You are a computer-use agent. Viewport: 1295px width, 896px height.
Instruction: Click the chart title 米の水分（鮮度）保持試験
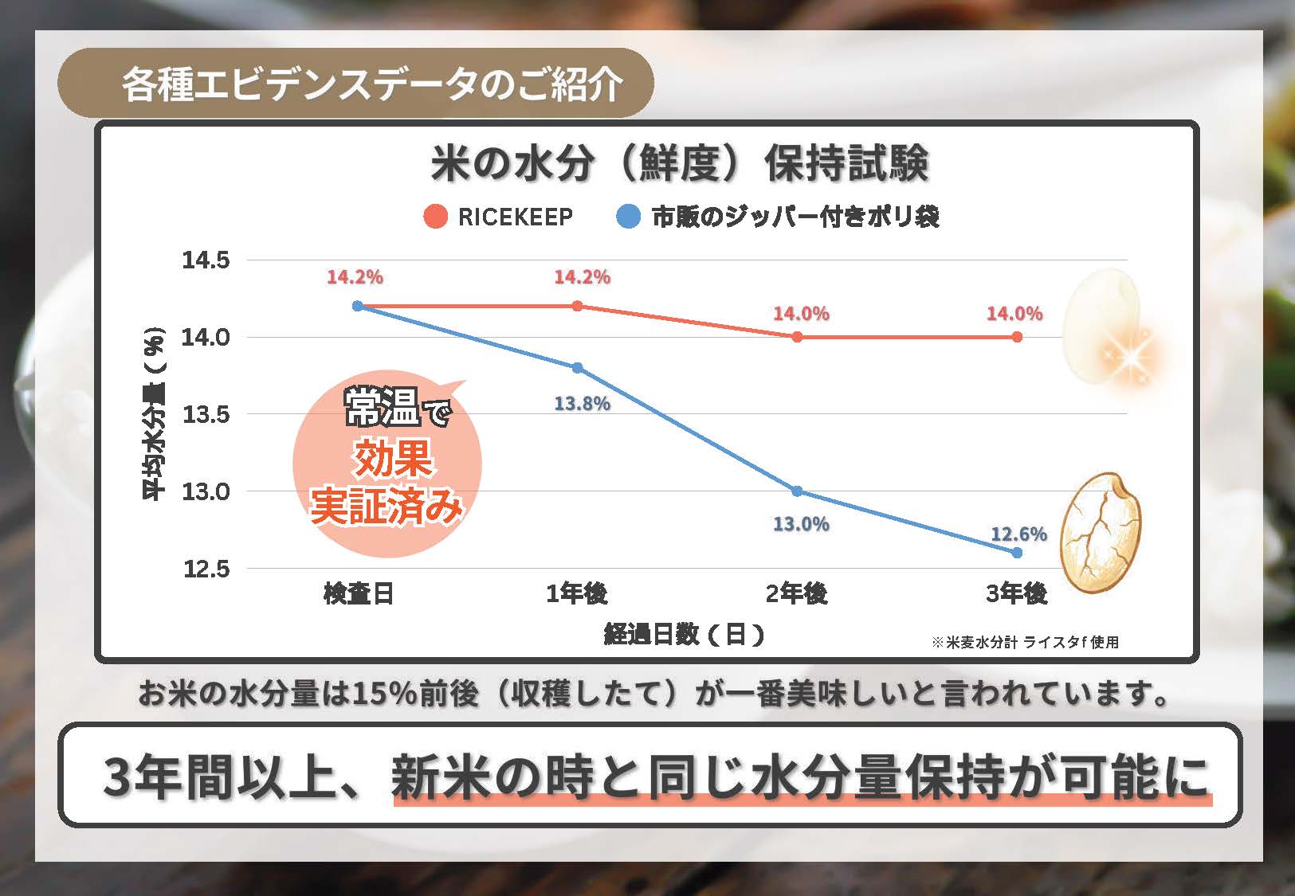coord(680,163)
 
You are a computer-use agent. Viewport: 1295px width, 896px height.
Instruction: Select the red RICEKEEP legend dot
coord(435,217)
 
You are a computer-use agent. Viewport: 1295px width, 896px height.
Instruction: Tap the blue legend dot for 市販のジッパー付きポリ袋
coord(629,217)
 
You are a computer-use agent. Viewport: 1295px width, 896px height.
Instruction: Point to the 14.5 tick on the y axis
coord(206,260)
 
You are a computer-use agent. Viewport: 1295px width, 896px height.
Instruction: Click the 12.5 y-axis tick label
coord(206,569)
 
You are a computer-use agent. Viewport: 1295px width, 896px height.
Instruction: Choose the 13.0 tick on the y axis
coord(206,491)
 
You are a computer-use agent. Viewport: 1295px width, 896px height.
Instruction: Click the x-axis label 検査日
coord(358,593)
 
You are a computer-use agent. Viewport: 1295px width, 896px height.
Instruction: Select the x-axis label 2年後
coord(797,593)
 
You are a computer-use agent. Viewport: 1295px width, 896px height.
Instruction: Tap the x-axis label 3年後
coord(1016,593)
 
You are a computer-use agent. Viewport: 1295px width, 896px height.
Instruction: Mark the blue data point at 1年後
coord(578,368)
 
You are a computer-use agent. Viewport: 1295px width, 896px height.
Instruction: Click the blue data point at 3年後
coord(1017,552)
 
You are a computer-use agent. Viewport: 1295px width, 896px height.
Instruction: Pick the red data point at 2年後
coord(798,337)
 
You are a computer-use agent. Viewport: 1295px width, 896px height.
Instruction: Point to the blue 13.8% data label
coord(582,404)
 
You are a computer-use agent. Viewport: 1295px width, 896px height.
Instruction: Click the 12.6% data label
coord(1018,534)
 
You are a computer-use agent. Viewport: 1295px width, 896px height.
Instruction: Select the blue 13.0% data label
coord(801,524)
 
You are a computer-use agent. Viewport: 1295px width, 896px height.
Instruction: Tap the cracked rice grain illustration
coord(1101,533)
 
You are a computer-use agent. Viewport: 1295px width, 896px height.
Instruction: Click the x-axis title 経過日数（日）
coord(684,634)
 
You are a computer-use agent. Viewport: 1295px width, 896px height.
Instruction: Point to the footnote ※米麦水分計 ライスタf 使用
coord(1025,642)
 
